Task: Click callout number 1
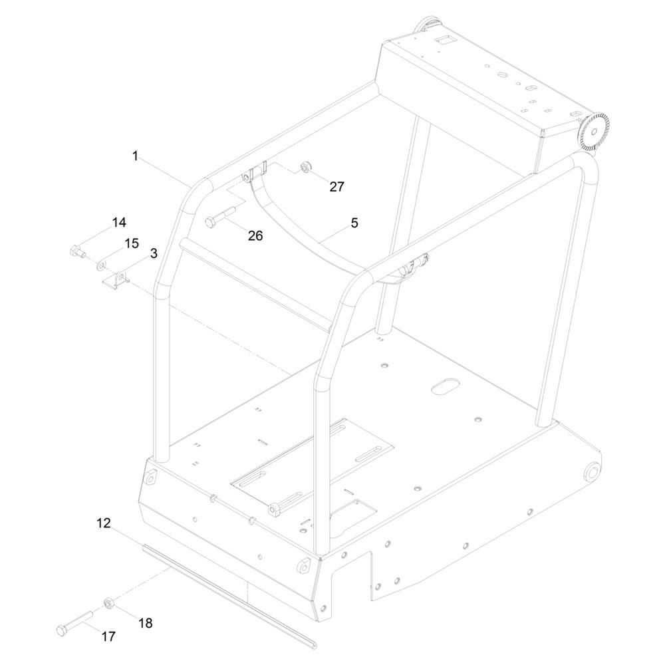[x=135, y=156]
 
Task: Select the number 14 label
[x=119, y=222]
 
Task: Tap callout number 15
[x=132, y=243]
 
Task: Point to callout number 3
[x=154, y=253]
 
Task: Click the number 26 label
[x=255, y=235]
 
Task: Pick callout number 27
[x=337, y=186]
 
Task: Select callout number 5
[x=354, y=223]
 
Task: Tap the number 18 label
[x=145, y=622]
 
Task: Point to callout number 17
[x=108, y=636]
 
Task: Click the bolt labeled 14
[x=76, y=251]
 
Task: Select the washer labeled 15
[x=101, y=266]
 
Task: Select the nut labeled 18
[x=107, y=603]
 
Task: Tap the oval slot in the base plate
[x=444, y=386]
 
